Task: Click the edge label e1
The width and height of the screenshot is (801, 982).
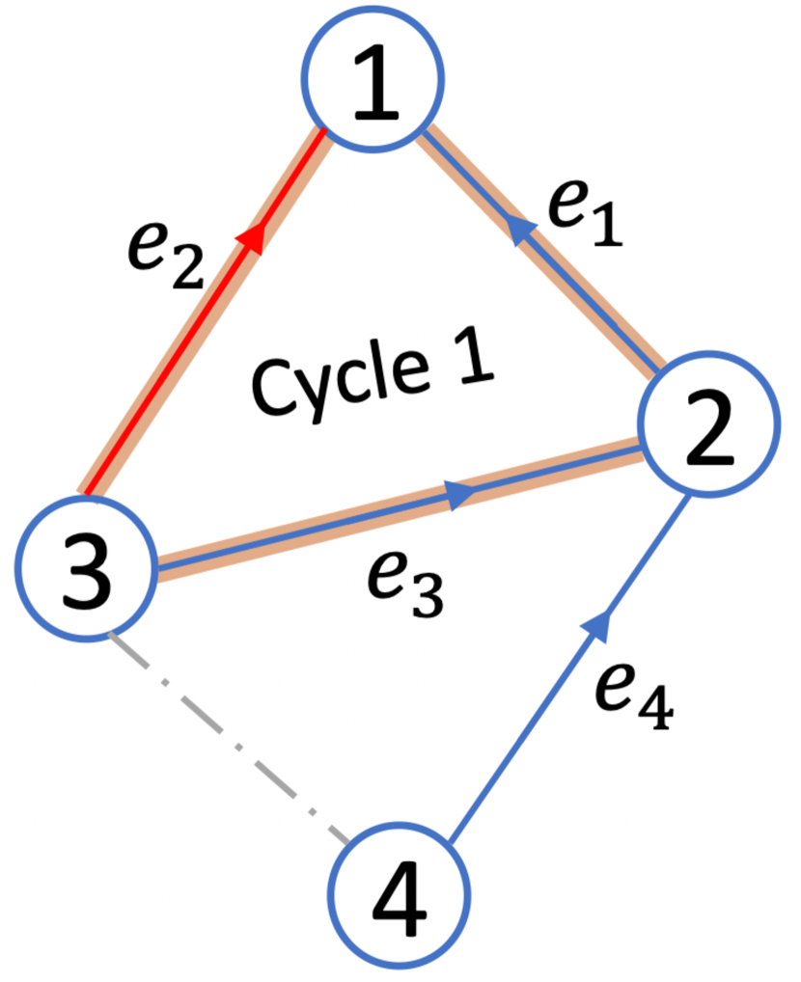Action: tap(583, 212)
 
